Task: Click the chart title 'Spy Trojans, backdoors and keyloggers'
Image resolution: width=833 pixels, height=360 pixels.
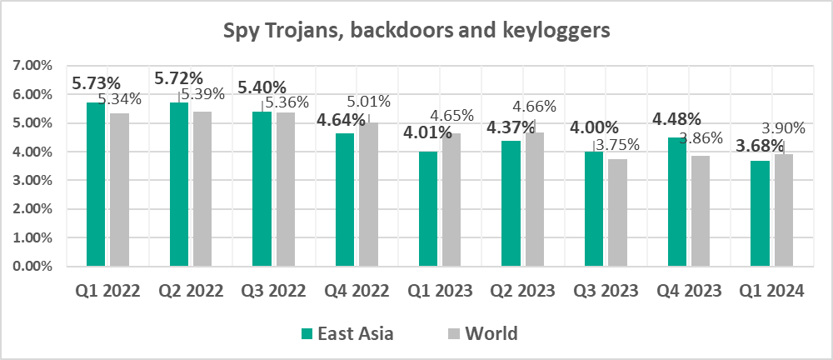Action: (416, 32)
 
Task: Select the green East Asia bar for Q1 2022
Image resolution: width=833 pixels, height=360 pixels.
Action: (95, 184)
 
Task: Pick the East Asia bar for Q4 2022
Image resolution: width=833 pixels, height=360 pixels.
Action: (345, 200)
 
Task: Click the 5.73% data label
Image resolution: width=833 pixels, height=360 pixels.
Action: (97, 83)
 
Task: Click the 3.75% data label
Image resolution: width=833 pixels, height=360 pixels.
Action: (617, 143)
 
